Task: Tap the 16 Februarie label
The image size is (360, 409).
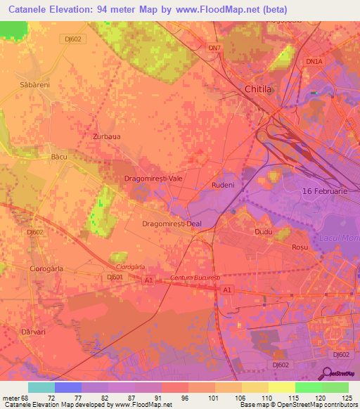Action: tap(325, 192)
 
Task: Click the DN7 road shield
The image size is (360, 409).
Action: tap(215, 48)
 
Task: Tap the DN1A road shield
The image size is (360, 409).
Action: tap(313, 62)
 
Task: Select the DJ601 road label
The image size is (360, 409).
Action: tap(96, 278)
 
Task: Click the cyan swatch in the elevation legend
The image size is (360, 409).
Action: tap(41, 387)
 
